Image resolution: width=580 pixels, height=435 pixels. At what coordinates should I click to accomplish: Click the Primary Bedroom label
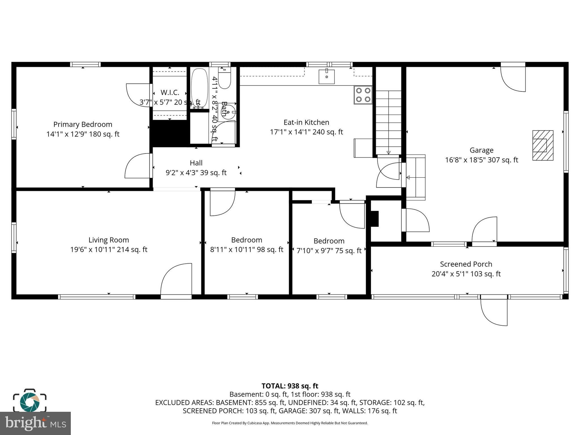(x=83, y=125)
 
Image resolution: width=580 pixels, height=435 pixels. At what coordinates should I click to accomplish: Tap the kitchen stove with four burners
(x=363, y=95)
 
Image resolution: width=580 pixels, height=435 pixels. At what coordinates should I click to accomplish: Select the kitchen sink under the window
(x=327, y=77)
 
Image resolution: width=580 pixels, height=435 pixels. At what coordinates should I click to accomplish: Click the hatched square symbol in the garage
(x=543, y=145)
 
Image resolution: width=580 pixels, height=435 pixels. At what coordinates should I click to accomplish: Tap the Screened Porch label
(x=466, y=264)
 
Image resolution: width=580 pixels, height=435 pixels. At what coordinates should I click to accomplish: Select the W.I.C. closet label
(x=170, y=93)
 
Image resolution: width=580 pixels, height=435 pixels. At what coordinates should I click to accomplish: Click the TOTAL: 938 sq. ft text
(x=290, y=386)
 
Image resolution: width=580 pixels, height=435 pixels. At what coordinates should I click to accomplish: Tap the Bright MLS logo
(x=35, y=423)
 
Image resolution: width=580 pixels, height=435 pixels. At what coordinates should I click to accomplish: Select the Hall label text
(x=196, y=163)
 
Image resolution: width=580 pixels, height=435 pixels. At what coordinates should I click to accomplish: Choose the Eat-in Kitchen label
(x=306, y=122)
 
